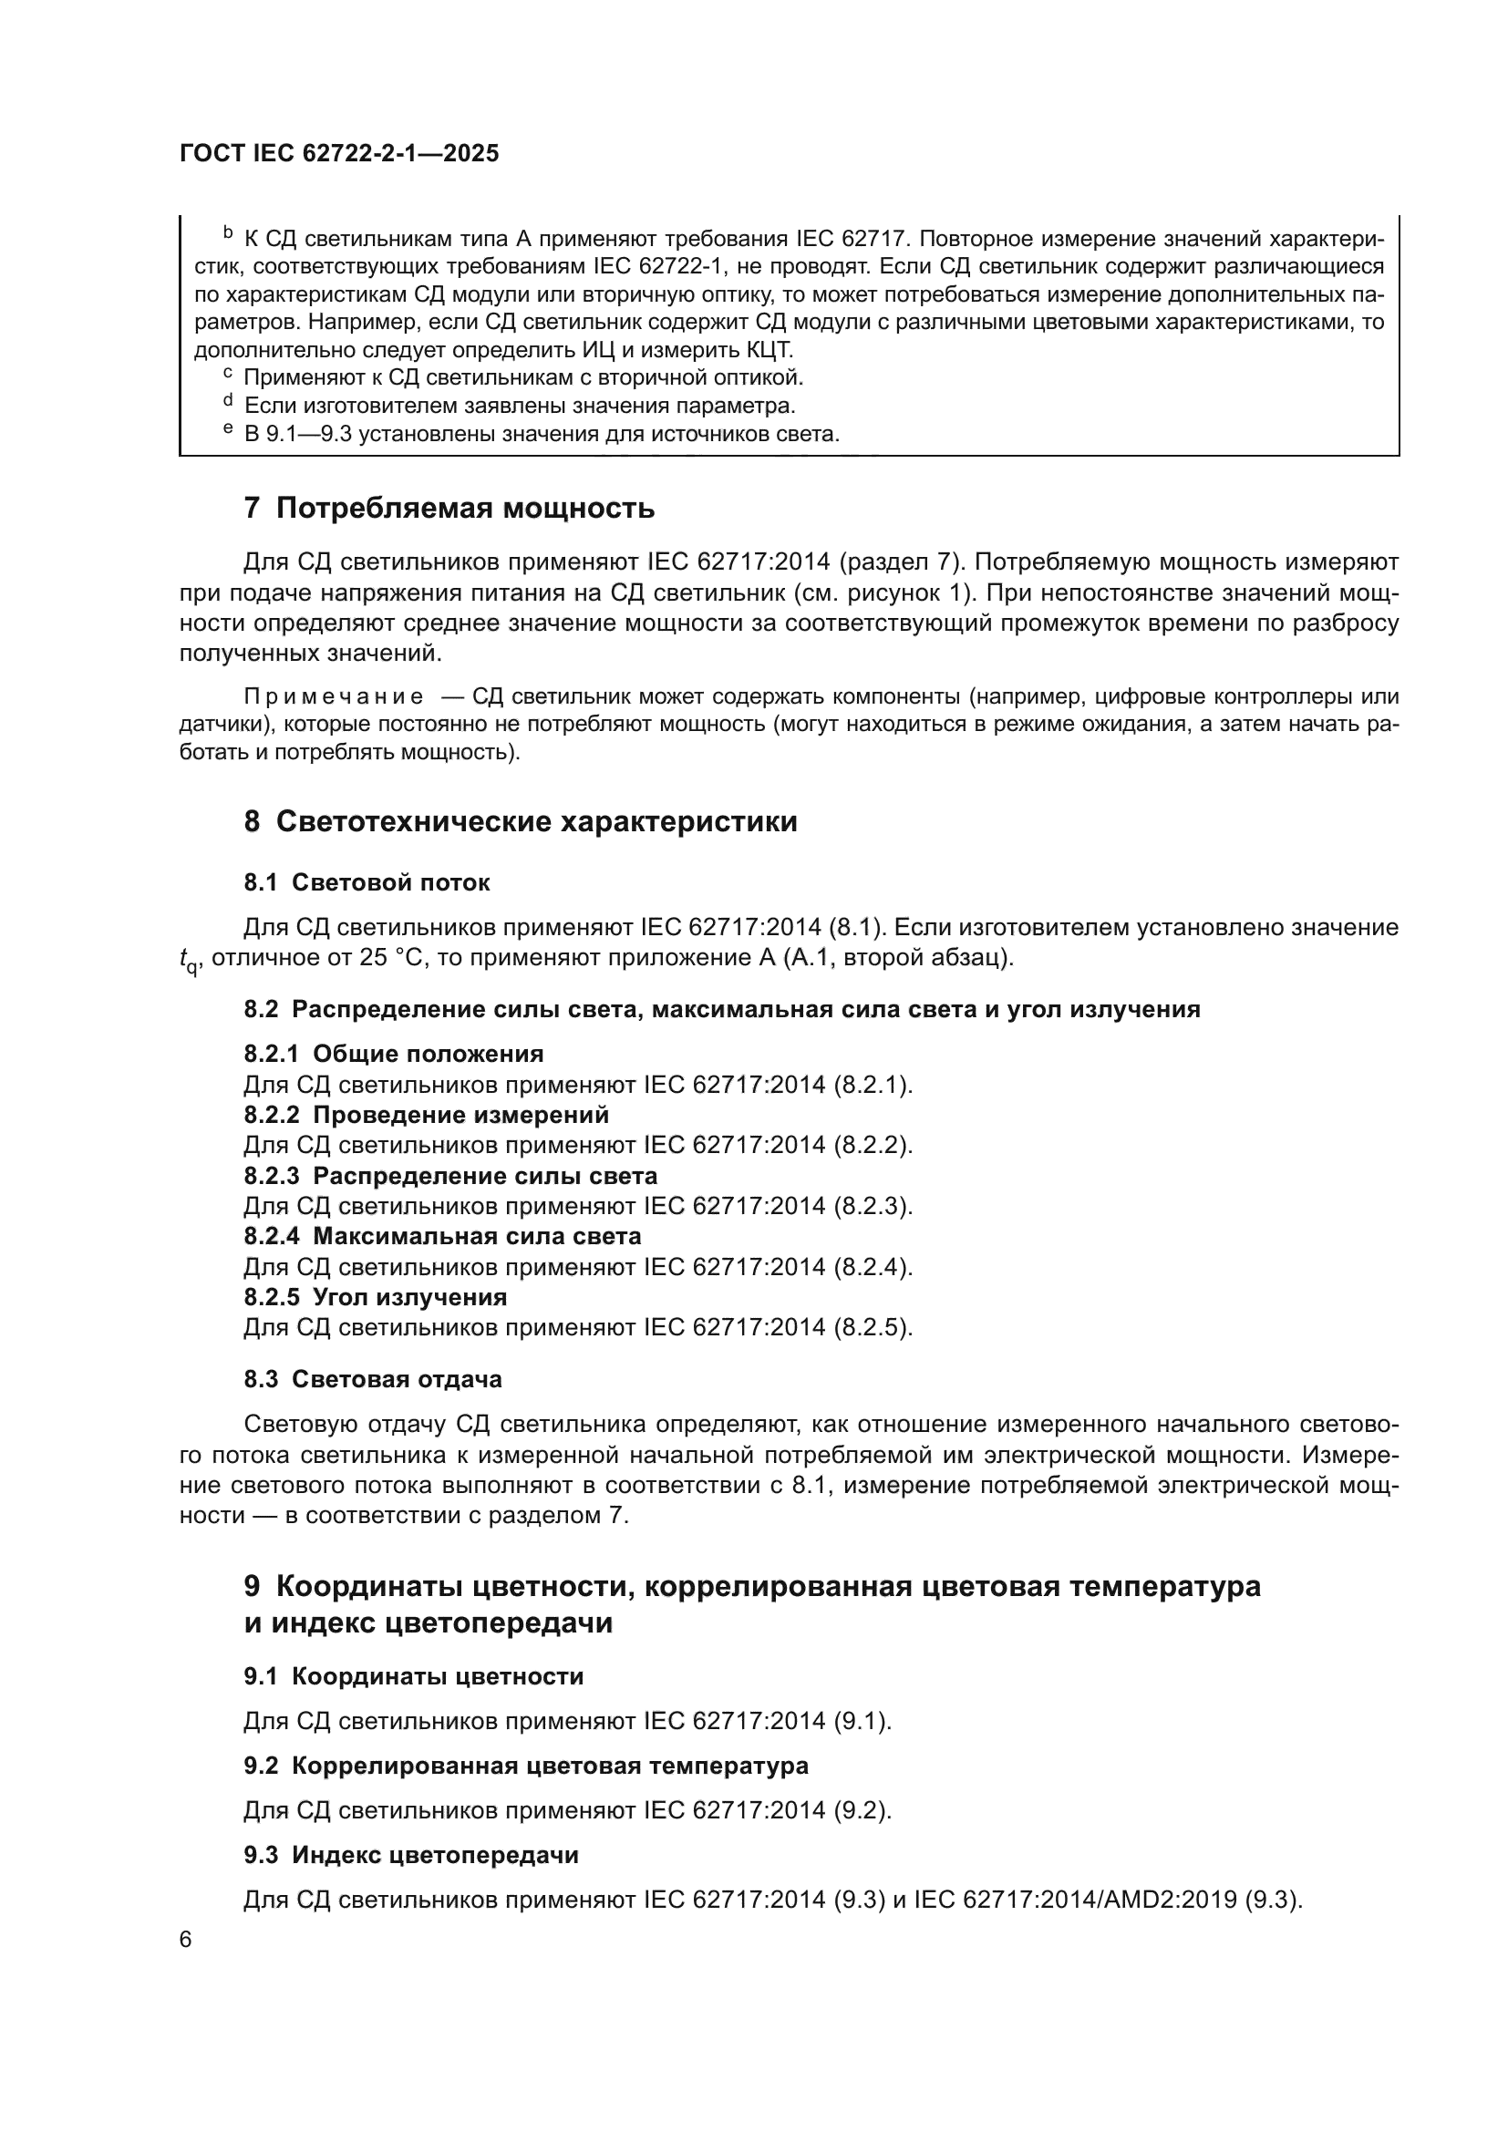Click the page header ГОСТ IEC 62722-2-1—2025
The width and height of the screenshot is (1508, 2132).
[x=339, y=153]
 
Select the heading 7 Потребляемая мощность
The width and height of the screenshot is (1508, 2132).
[x=449, y=508]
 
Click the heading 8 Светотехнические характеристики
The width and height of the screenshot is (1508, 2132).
[x=520, y=821]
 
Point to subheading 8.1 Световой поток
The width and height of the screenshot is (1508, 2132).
[x=367, y=882]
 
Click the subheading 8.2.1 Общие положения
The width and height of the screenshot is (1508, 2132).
[x=394, y=1054]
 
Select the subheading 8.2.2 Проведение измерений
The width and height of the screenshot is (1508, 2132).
[x=426, y=1114]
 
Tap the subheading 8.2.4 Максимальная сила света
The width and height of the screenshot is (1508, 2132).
[x=442, y=1236]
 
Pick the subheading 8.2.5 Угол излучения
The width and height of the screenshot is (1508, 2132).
[x=375, y=1296]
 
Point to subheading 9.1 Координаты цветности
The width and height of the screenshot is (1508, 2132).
[x=413, y=1676]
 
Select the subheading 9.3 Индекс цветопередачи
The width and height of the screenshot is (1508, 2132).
[x=410, y=1855]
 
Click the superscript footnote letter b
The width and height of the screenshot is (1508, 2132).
[x=228, y=233]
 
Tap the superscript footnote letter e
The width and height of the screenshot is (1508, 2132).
[x=228, y=429]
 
